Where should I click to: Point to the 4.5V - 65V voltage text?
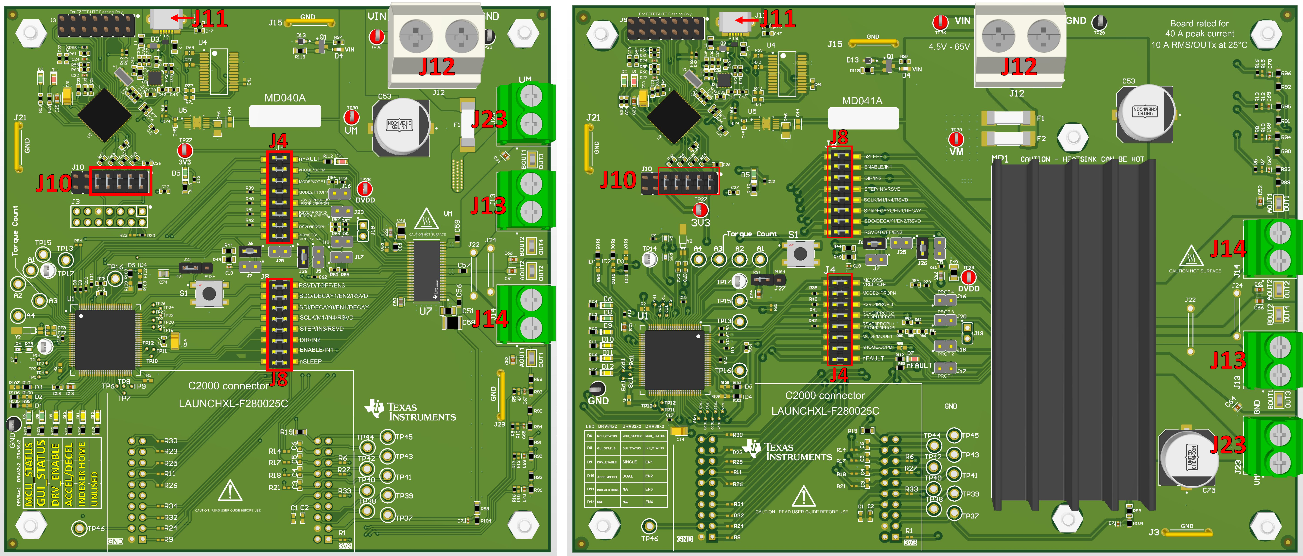click(x=949, y=46)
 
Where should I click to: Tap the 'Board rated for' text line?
click(x=1199, y=23)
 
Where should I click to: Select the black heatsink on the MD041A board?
click(x=1072, y=334)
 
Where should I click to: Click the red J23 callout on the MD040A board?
click(x=489, y=119)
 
